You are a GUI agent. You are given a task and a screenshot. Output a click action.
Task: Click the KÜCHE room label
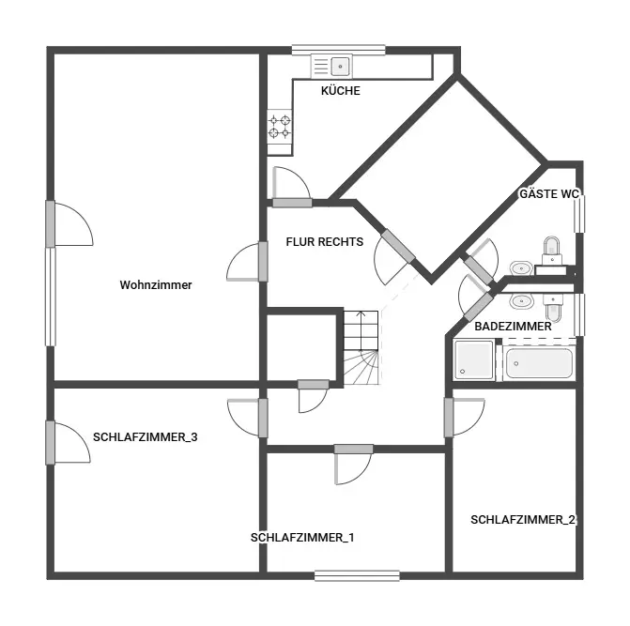tap(340, 91)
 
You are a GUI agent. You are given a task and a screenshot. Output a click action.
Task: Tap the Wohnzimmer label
tap(156, 284)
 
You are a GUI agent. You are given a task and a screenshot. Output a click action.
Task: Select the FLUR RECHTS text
tap(325, 242)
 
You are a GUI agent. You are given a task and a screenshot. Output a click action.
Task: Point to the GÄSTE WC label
tap(549, 194)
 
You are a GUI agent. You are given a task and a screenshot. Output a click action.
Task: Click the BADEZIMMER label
tap(513, 327)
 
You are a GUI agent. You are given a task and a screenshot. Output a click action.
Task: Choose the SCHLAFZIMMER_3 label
tap(145, 436)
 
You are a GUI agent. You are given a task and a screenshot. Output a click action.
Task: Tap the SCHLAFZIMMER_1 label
tap(302, 538)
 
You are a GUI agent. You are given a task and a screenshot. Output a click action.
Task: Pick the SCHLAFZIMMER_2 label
tap(523, 520)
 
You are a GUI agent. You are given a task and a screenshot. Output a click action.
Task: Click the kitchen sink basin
tap(340, 67)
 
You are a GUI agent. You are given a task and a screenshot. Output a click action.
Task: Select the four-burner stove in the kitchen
tap(280, 126)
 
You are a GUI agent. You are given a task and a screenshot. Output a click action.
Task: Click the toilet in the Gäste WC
tap(552, 250)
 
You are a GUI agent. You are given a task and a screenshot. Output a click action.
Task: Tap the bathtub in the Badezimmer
tap(539, 363)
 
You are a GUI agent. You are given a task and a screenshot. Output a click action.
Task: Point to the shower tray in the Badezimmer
tap(474, 359)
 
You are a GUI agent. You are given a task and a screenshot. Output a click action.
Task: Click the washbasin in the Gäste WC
tap(521, 267)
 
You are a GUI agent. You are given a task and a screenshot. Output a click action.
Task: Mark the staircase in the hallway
tap(361, 348)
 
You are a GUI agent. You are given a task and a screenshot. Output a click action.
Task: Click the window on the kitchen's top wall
tap(338, 50)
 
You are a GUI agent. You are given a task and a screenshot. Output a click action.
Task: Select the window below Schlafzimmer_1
tap(357, 576)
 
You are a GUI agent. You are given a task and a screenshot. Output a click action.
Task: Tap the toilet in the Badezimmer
tap(553, 308)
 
